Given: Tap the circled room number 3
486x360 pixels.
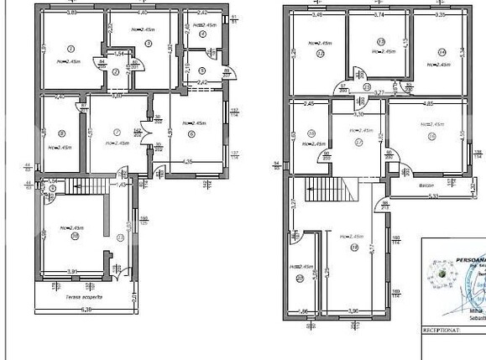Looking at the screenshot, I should click(x=148, y=43).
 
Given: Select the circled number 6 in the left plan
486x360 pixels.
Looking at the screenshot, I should click(x=191, y=133).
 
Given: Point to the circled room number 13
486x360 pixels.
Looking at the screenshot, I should click(x=380, y=41).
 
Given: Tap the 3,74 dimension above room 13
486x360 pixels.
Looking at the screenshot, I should click(x=379, y=14).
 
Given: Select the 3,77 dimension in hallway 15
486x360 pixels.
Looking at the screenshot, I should click(x=379, y=92).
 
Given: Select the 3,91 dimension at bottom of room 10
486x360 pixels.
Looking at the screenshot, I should click(x=73, y=272).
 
